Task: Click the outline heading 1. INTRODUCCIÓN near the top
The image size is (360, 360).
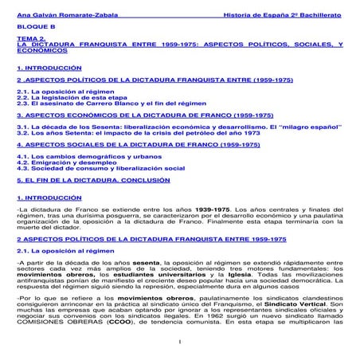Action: (x=49, y=68)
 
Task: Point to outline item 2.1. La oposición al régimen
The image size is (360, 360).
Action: (x=64, y=92)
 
